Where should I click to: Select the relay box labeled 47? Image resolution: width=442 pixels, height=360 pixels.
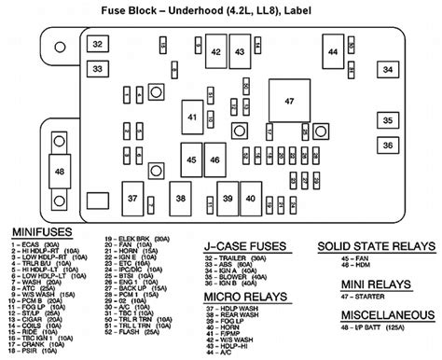click(288, 100)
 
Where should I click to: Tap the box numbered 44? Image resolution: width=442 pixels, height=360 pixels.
click(333, 52)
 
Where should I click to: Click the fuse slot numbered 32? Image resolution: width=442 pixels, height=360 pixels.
click(97, 44)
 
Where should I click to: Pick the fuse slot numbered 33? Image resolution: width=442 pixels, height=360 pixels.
click(97, 68)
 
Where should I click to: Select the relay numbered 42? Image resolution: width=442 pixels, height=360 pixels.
click(215, 51)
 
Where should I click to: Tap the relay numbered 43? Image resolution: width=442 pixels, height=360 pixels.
click(241, 51)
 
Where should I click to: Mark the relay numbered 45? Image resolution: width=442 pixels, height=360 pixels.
click(190, 160)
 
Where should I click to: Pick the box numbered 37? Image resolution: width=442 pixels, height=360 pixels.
click(132, 198)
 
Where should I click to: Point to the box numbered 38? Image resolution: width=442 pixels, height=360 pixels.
click(181, 198)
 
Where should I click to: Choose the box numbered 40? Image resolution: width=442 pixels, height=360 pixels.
click(250, 198)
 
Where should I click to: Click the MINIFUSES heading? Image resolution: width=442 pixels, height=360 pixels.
click(43, 230)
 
